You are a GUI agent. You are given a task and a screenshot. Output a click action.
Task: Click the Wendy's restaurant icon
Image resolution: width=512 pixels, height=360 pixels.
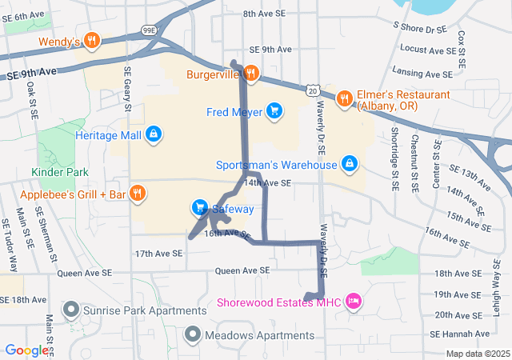click(x=92, y=40)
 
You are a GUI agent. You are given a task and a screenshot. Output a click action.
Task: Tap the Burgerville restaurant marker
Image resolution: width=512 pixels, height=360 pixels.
click(x=250, y=74)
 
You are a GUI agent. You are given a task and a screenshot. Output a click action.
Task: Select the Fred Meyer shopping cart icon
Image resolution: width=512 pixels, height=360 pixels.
click(x=274, y=110)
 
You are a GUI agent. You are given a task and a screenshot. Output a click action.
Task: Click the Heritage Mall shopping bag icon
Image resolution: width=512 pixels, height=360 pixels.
click(x=153, y=134)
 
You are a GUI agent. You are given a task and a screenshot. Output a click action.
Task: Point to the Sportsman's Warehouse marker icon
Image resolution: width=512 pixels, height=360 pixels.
click(x=349, y=164)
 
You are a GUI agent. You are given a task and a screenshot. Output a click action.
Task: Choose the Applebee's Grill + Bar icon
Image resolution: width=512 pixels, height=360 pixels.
click(x=137, y=193)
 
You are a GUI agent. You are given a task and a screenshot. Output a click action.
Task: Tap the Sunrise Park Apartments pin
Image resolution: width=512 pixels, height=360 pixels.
click(x=71, y=308)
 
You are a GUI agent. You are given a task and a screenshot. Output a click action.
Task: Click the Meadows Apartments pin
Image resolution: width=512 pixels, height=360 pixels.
click(x=193, y=334)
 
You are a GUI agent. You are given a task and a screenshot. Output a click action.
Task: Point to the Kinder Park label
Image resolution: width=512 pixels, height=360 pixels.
click(x=60, y=172)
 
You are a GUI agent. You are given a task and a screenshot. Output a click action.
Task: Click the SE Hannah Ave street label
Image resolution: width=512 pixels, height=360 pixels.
click(x=458, y=334)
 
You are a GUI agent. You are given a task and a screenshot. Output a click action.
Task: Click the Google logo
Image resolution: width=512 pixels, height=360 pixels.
click(x=26, y=350)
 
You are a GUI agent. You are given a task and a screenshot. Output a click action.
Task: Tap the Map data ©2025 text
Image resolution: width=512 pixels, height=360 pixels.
click(x=478, y=354)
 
